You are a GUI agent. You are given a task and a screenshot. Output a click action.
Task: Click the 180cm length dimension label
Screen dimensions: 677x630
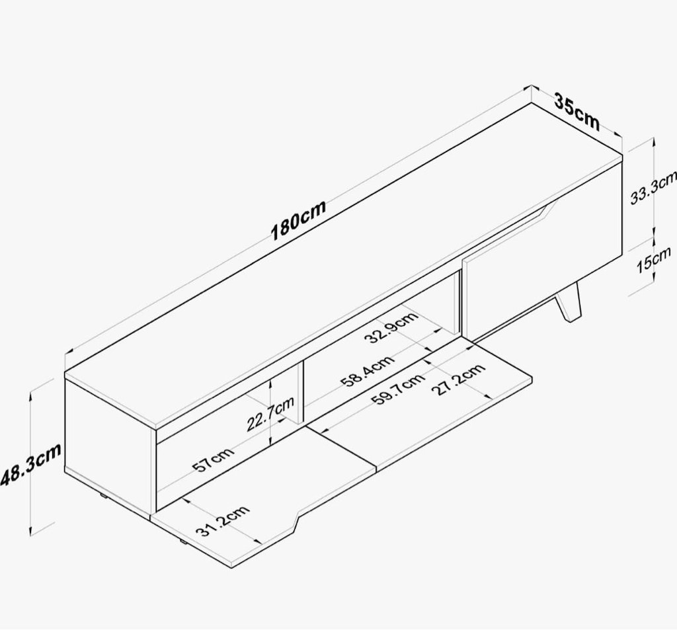298,220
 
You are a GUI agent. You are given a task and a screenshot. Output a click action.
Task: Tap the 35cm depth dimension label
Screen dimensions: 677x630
577,112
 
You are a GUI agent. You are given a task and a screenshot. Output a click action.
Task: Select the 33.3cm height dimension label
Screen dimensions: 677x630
653,187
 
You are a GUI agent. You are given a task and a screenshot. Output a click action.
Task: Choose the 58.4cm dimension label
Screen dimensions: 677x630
368,370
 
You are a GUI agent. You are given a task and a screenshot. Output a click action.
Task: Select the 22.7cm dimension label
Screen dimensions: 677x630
270,414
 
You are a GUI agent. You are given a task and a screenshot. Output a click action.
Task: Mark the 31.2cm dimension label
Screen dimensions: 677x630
223,520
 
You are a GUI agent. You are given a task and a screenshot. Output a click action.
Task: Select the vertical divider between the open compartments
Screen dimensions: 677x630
301,391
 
